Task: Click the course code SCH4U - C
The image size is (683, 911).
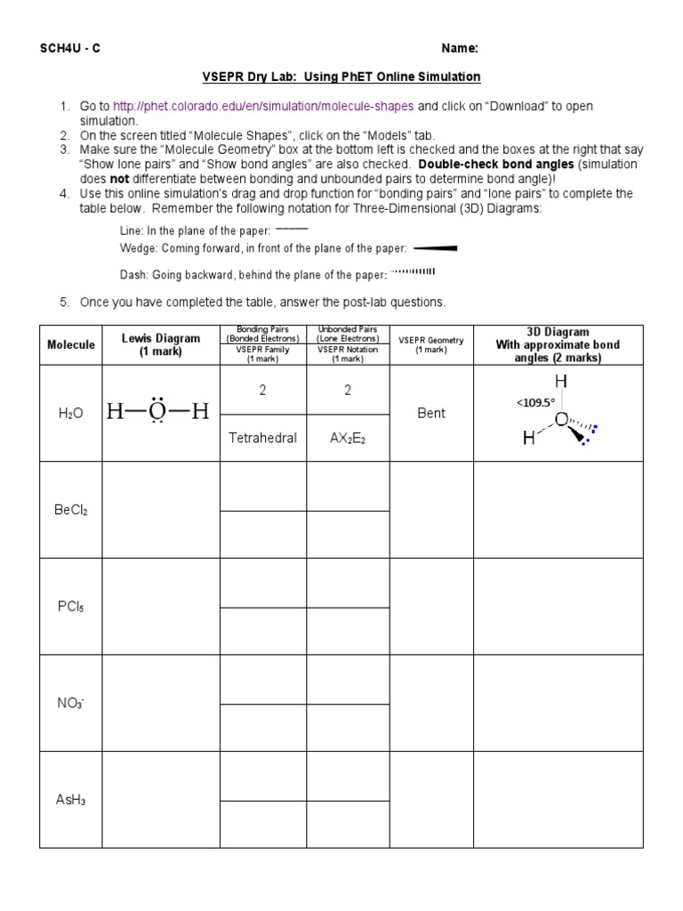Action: pos(70,48)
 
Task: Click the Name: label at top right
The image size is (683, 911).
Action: pos(460,48)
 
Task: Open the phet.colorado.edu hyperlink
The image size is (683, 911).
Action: pos(263,106)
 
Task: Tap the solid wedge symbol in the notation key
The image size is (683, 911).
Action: pos(435,248)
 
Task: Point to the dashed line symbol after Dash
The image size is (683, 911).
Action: pos(414,272)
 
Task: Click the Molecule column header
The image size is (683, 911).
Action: pos(71,345)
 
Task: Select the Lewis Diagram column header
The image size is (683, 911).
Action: pos(160,345)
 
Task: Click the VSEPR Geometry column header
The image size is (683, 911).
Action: pos(431,345)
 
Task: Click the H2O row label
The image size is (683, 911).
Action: pos(71,414)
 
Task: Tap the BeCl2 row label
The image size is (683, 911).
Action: pos(71,511)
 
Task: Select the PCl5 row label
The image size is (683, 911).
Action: pos(71,607)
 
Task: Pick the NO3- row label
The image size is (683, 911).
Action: pos(71,703)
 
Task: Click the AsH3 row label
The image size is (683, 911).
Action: pos(71,800)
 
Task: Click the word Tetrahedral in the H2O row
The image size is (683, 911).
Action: pos(262,438)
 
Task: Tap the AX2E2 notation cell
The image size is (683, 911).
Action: pos(348,439)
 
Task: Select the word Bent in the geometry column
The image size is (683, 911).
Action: pos(431,414)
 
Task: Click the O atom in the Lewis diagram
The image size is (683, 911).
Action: pos(157,412)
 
